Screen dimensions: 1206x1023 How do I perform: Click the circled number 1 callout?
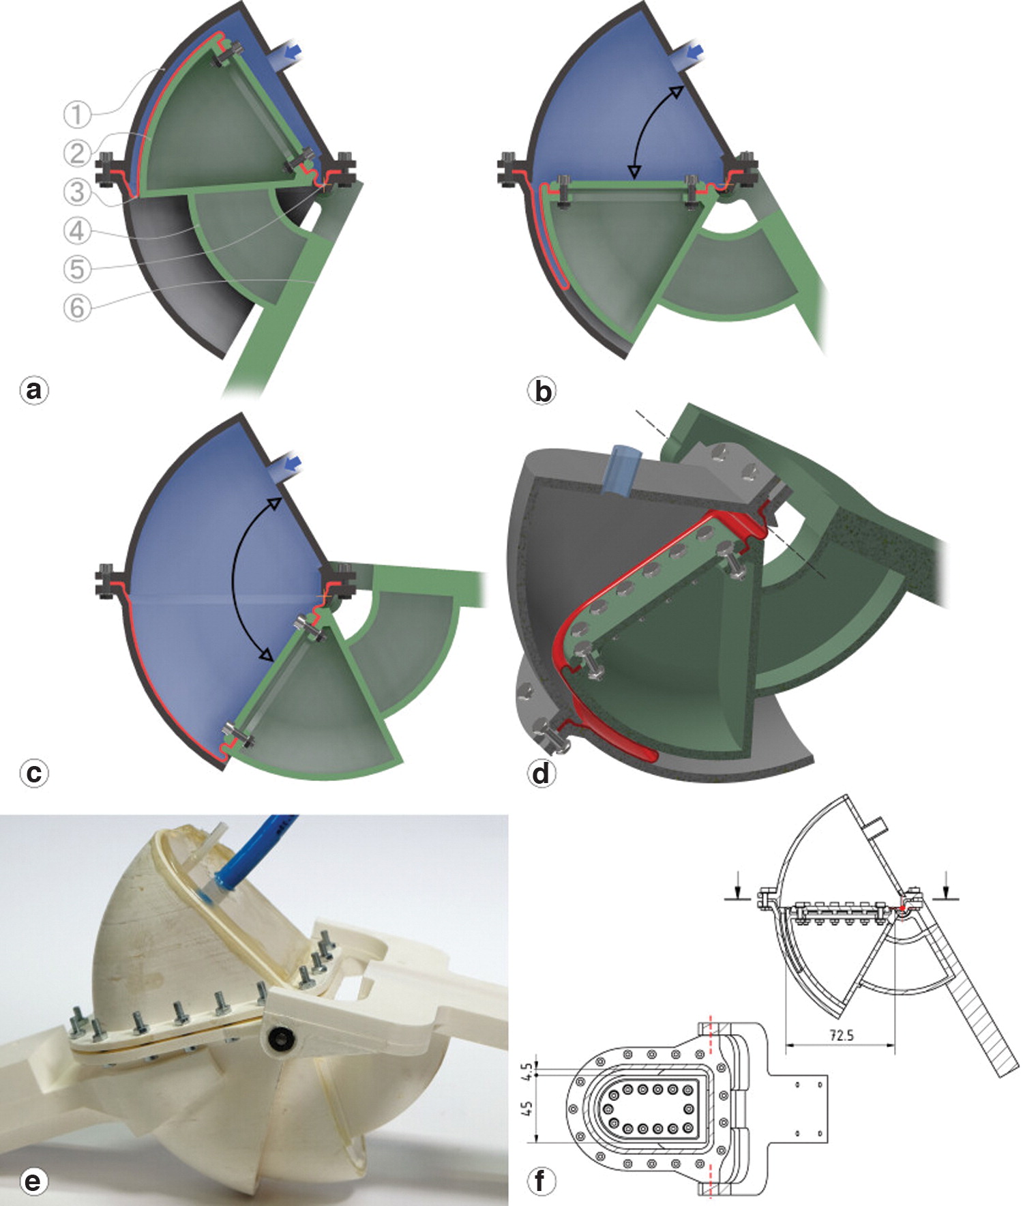[77, 114]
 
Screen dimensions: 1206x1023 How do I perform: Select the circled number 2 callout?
[77, 153]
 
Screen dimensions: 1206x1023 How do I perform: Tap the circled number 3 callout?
[77, 192]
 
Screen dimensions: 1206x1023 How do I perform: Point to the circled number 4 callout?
[77, 231]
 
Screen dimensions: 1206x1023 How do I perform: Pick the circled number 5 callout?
[77, 269]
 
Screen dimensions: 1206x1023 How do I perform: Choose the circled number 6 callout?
[77, 308]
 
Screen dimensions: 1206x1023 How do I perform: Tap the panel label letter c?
[33, 774]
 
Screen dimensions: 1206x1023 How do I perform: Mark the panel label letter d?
[542, 774]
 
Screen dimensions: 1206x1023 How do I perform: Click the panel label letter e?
[33, 1180]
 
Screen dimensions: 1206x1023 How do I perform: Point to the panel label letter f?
[542, 1180]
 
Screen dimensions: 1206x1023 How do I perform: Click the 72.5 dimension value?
[841, 1035]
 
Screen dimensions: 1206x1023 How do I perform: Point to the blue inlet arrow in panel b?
[695, 51]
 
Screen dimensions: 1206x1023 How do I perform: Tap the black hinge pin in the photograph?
[280, 1038]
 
